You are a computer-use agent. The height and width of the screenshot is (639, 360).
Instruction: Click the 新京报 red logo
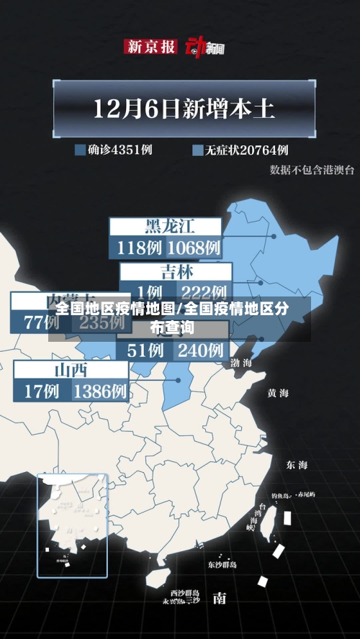[x=150, y=47]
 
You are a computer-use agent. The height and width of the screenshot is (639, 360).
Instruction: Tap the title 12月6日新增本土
[x=184, y=110]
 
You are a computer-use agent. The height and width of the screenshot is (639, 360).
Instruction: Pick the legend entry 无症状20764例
[x=240, y=150]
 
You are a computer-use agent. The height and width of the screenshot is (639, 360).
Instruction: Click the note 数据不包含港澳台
[x=312, y=170]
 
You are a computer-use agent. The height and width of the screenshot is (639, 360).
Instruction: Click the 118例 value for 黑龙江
[x=138, y=248]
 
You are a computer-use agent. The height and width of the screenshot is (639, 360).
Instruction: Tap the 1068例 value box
[x=194, y=248]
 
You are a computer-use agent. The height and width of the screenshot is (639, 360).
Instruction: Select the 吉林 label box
[x=176, y=272]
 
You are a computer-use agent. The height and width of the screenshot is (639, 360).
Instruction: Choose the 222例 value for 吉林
[x=203, y=292]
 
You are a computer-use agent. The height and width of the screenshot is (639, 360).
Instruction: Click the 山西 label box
[x=71, y=371]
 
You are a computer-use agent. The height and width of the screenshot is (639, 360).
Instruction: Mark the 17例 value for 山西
[x=42, y=391]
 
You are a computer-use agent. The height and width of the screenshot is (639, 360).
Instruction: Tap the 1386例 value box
[x=100, y=391]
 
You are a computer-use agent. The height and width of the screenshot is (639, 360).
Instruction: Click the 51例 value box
[x=144, y=350]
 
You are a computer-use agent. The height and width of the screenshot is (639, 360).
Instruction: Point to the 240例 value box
[x=200, y=350]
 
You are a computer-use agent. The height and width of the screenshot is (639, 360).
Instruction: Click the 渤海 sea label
[x=241, y=363]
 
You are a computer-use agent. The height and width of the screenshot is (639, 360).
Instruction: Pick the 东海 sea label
[x=297, y=465]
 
